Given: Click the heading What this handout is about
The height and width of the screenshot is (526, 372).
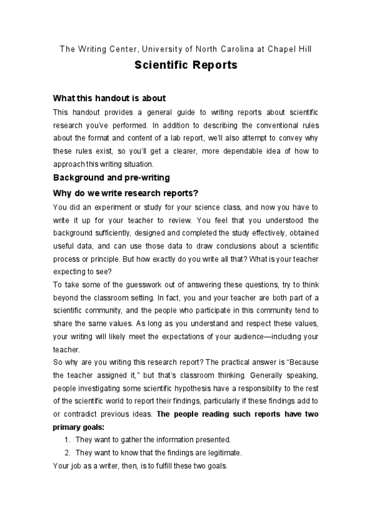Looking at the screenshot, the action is (x=109, y=98).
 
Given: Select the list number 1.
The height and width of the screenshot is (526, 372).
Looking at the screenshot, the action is (x=67, y=440).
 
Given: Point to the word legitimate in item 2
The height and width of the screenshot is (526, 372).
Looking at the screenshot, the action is (x=222, y=452).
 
